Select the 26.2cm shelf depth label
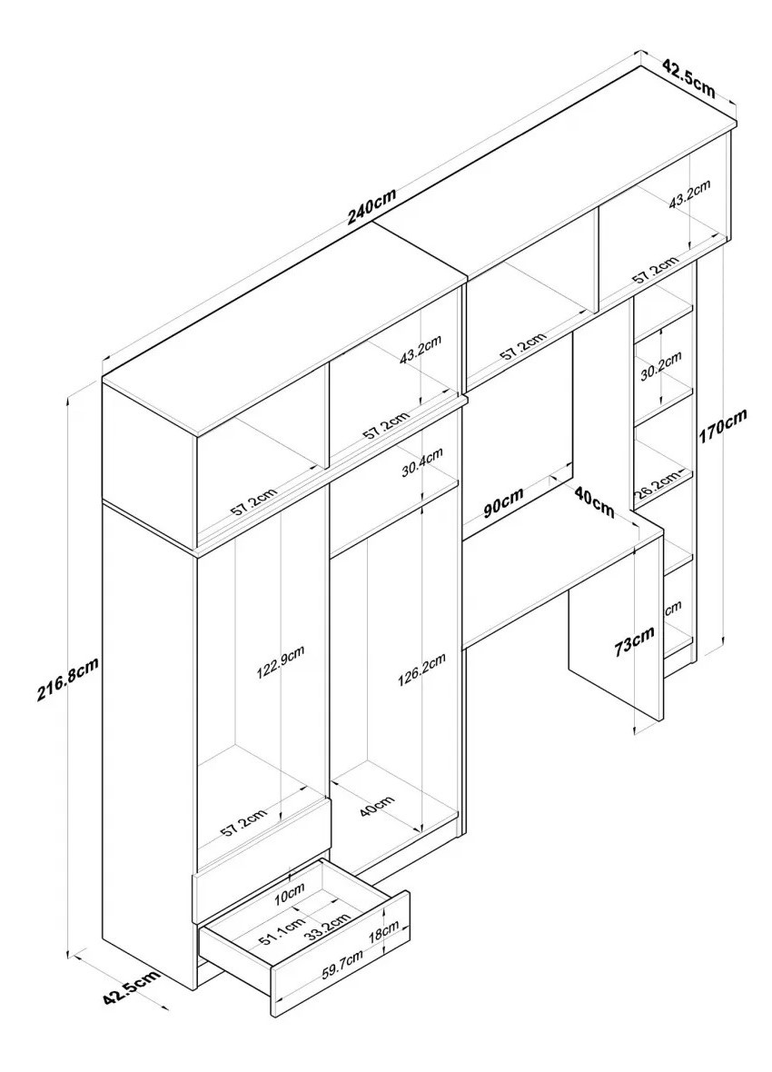click(x=657, y=483)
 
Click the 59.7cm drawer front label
click(x=342, y=968)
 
